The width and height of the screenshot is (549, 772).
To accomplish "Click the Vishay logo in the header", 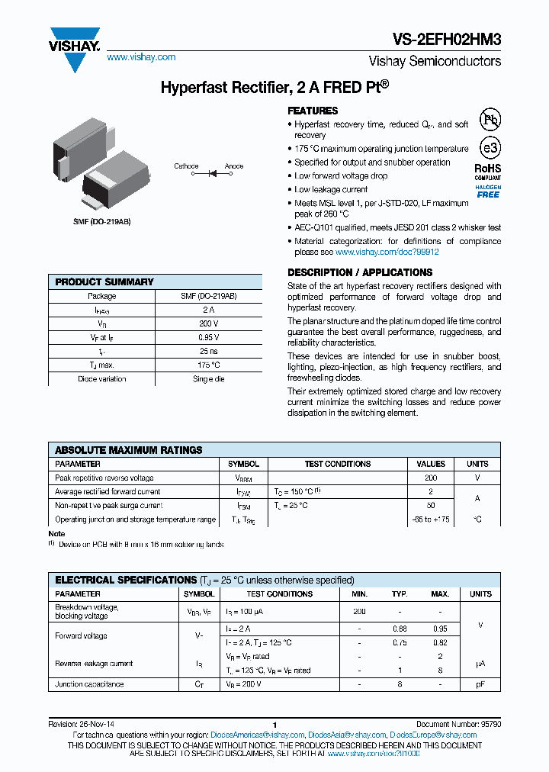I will coord(74,47).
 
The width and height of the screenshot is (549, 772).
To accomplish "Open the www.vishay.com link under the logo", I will coord(141,57).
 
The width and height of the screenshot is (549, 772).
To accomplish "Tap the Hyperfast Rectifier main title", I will coord(274,87).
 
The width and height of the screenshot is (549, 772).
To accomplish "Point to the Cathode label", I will coord(186,166).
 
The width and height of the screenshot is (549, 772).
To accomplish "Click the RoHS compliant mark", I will coord(488,171).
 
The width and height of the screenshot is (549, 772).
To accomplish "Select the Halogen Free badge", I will coord(488,191).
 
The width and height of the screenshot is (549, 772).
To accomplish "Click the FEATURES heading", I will coord(313,111).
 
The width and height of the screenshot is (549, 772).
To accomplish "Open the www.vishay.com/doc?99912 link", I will coord(387,252).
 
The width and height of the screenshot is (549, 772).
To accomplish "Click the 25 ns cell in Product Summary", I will coord(209,351).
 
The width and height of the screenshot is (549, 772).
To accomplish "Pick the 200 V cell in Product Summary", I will coord(209,323).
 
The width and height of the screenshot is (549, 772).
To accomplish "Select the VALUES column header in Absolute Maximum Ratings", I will coord(431,464).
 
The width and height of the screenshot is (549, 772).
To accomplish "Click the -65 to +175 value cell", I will coord(431,519).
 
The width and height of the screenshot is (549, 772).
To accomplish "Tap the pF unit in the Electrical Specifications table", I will coord(480,685).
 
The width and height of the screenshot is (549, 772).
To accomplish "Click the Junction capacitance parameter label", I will coord(89,685).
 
